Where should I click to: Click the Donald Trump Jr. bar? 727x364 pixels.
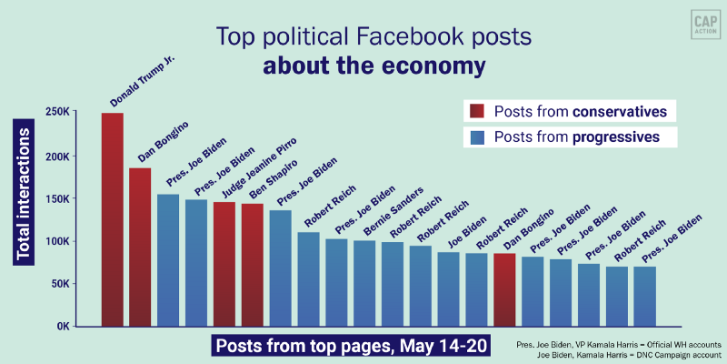[x=112, y=219]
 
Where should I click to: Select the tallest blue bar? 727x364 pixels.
[x=168, y=260]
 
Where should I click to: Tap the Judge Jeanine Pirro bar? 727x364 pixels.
[x=224, y=264]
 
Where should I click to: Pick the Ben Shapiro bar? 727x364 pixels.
[x=253, y=265]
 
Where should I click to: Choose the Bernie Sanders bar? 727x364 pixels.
[x=364, y=283]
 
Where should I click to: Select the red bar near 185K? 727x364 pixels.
[x=140, y=247]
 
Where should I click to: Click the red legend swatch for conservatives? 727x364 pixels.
[x=477, y=112]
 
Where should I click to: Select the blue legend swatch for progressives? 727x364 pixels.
[x=477, y=137]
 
